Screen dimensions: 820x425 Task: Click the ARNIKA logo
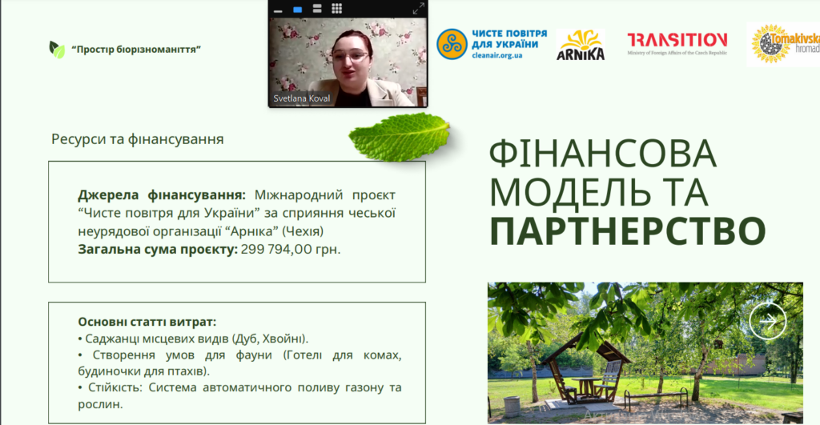tap(581, 45)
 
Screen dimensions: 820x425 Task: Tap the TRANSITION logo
tap(677, 44)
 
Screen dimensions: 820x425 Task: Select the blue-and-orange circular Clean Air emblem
tap(452, 44)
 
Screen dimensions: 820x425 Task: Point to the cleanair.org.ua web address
tap(496, 55)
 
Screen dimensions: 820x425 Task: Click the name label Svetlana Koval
tap(302, 98)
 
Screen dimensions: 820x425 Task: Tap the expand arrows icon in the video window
tap(418, 9)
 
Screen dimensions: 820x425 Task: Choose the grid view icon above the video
tap(337, 8)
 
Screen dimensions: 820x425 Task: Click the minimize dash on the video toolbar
tap(278, 10)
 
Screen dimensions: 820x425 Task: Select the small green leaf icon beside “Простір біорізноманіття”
tap(57, 50)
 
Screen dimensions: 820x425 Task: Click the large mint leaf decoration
tap(400, 137)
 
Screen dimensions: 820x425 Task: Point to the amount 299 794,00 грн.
tap(291, 250)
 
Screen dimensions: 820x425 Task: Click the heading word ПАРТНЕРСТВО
tap(628, 231)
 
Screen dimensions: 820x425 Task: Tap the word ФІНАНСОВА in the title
tap(602, 153)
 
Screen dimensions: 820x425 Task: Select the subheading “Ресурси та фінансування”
tap(138, 139)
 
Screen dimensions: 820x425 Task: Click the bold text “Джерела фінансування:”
tap(162, 195)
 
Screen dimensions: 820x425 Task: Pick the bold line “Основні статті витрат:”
tap(147, 322)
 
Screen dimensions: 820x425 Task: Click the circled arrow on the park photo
tap(768, 321)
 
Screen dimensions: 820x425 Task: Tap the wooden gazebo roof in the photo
tap(585, 349)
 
